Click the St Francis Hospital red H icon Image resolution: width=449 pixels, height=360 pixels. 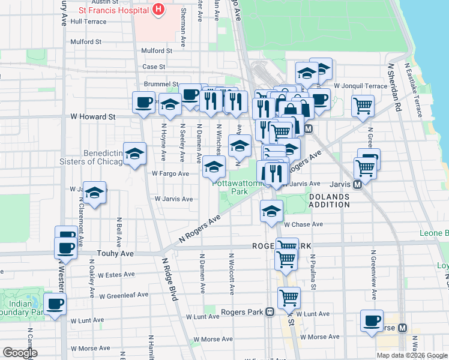[x=158, y=10]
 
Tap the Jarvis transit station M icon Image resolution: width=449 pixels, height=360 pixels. [x=358, y=185]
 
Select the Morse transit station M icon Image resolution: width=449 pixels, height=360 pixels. [x=402, y=328]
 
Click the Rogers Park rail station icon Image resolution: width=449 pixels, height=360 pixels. [x=270, y=312]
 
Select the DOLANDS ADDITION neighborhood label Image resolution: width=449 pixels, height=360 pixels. [x=329, y=200]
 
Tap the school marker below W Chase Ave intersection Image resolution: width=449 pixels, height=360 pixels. [x=271, y=211]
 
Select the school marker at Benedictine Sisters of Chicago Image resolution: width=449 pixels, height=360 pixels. [x=134, y=154]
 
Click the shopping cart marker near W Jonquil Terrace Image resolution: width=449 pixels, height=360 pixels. [x=363, y=106]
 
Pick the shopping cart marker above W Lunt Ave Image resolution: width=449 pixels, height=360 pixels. [x=289, y=297]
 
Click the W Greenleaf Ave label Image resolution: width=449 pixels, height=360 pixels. [x=124, y=295]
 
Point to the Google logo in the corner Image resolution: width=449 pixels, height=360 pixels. [x=20, y=353]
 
